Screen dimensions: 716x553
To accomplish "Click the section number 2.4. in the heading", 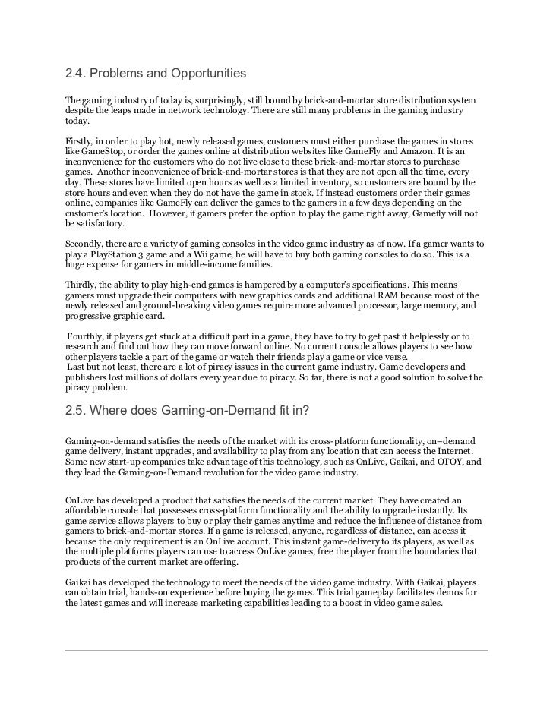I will tap(77, 74).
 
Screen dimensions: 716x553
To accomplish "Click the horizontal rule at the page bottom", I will tap(276, 651).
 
